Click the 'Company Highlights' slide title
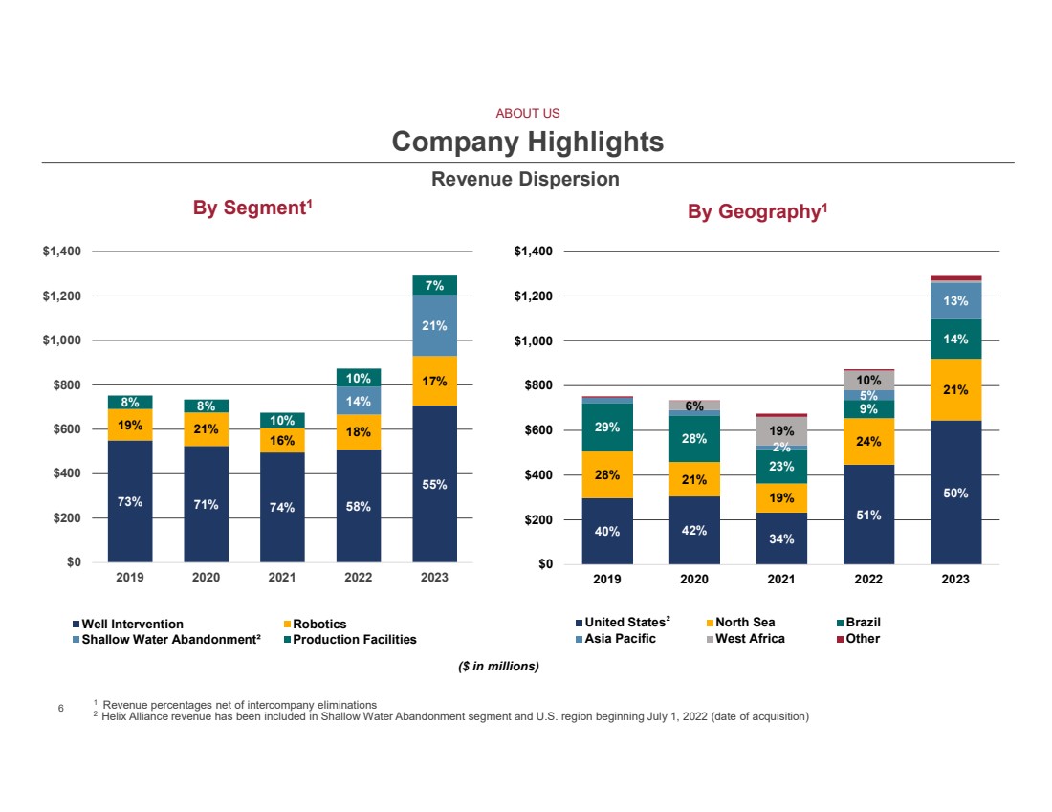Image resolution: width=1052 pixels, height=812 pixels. point(527,143)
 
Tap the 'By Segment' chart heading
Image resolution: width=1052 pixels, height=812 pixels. point(252,208)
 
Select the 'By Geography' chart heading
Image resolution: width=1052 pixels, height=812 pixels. point(756,210)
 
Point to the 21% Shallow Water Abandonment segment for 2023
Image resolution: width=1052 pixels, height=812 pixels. point(435,325)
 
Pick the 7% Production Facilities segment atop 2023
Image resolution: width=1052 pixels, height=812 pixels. point(435,285)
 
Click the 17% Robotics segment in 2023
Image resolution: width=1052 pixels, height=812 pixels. point(435,381)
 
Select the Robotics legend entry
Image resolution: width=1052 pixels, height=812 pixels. point(319,625)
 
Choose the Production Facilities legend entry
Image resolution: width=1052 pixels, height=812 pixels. point(354,639)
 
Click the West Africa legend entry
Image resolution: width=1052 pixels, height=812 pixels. point(750,638)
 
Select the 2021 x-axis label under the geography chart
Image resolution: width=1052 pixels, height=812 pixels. point(780,580)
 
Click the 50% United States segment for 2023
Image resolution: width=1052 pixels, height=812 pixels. point(955,494)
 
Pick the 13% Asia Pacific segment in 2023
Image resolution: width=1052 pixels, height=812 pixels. point(955,300)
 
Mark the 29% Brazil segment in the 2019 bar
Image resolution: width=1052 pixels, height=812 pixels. point(606,428)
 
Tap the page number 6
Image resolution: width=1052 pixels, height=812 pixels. point(60,709)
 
